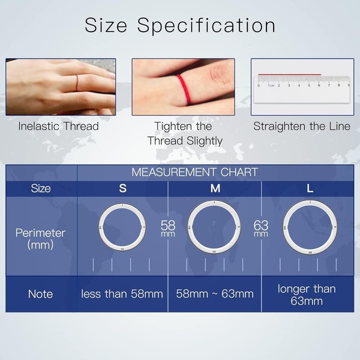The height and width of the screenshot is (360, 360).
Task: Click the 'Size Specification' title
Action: point(180,26)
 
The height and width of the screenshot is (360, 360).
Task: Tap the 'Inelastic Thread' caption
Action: point(58,127)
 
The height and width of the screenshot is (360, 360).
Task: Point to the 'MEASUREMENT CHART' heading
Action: point(194,172)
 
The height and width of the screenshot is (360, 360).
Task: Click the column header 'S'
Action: point(122,188)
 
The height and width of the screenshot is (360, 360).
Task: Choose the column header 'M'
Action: point(215,188)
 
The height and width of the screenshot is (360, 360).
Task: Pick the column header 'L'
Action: point(310,188)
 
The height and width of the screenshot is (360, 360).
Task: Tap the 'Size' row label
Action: point(41,188)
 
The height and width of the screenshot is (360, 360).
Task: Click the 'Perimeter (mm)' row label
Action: point(41,238)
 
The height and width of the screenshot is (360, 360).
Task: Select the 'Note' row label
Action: point(41,294)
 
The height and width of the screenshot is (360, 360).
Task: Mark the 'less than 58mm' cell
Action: point(122,294)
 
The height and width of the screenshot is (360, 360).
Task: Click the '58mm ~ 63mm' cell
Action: point(215,294)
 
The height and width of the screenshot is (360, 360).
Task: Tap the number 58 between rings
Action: point(168,226)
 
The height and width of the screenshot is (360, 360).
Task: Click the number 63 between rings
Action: point(261,226)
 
